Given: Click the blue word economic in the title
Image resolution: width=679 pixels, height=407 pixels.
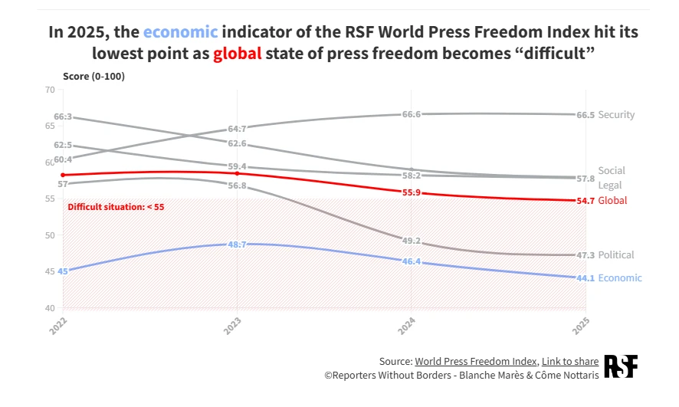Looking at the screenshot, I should [x=180, y=32].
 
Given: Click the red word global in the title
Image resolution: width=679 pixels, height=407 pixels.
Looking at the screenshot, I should [x=238, y=54].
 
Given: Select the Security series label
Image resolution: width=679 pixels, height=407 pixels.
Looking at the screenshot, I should [x=616, y=115].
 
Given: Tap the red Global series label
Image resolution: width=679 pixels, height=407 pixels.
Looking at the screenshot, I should [x=612, y=201].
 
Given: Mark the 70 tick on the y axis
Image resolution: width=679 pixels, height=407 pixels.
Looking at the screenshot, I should [x=51, y=90].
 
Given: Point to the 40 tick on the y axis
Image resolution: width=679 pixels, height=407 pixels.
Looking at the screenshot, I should [x=51, y=308].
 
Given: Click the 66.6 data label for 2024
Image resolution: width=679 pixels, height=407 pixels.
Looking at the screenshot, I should [x=412, y=114].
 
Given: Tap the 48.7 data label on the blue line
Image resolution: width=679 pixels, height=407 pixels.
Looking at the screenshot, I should [x=237, y=245].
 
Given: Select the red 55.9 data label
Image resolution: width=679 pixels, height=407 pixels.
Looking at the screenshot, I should [x=412, y=193].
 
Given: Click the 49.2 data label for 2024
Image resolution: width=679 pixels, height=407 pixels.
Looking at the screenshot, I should [x=412, y=241].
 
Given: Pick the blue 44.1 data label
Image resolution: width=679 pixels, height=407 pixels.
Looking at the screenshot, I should [x=586, y=278].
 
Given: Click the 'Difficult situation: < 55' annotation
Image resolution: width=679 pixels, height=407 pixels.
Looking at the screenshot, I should [x=116, y=207].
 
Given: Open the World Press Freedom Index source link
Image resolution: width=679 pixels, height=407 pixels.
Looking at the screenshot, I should [x=476, y=361].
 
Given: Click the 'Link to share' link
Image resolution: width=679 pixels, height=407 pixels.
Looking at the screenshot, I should [x=570, y=361].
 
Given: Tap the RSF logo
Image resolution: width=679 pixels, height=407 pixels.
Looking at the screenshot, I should [x=620, y=366].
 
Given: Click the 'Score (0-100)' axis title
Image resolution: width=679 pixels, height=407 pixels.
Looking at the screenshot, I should [x=93, y=77].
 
